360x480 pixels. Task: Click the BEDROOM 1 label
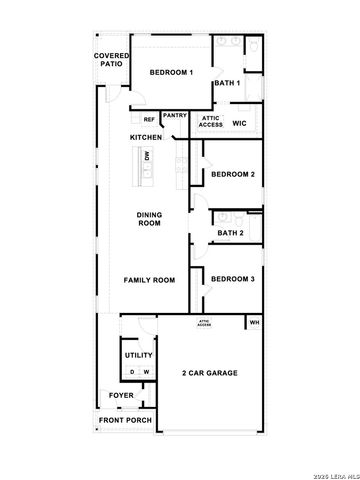pyautogui.click(x=171, y=73)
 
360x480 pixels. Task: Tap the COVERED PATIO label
pyautogui.click(x=110, y=59)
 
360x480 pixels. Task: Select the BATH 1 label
pyautogui.click(x=229, y=83)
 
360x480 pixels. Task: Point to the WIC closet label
pyautogui.click(x=239, y=123)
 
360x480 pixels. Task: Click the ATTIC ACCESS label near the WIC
pyautogui.click(x=211, y=121)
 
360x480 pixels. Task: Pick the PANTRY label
pyautogui.click(x=175, y=115)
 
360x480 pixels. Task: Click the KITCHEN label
pyautogui.click(x=146, y=137)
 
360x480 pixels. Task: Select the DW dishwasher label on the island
pyautogui.click(x=148, y=157)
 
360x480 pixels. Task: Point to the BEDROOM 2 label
pyautogui.click(x=233, y=174)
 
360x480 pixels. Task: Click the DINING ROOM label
pyautogui.click(x=149, y=218)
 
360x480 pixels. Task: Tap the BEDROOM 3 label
pyautogui.click(x=232, y=279)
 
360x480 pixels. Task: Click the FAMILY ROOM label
pyautogui.click(x=149, y=280)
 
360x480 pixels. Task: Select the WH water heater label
pyautogui.click(x=254, y=323)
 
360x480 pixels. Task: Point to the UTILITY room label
pyautogui.click(x=138, y=355)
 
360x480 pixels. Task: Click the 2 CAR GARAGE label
pyautogui.click(x=210, y=373)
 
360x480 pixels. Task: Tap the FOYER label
pyautogui.click(x=122, y=396)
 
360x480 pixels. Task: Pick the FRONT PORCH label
pyautogui.click(x=125, y=420)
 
